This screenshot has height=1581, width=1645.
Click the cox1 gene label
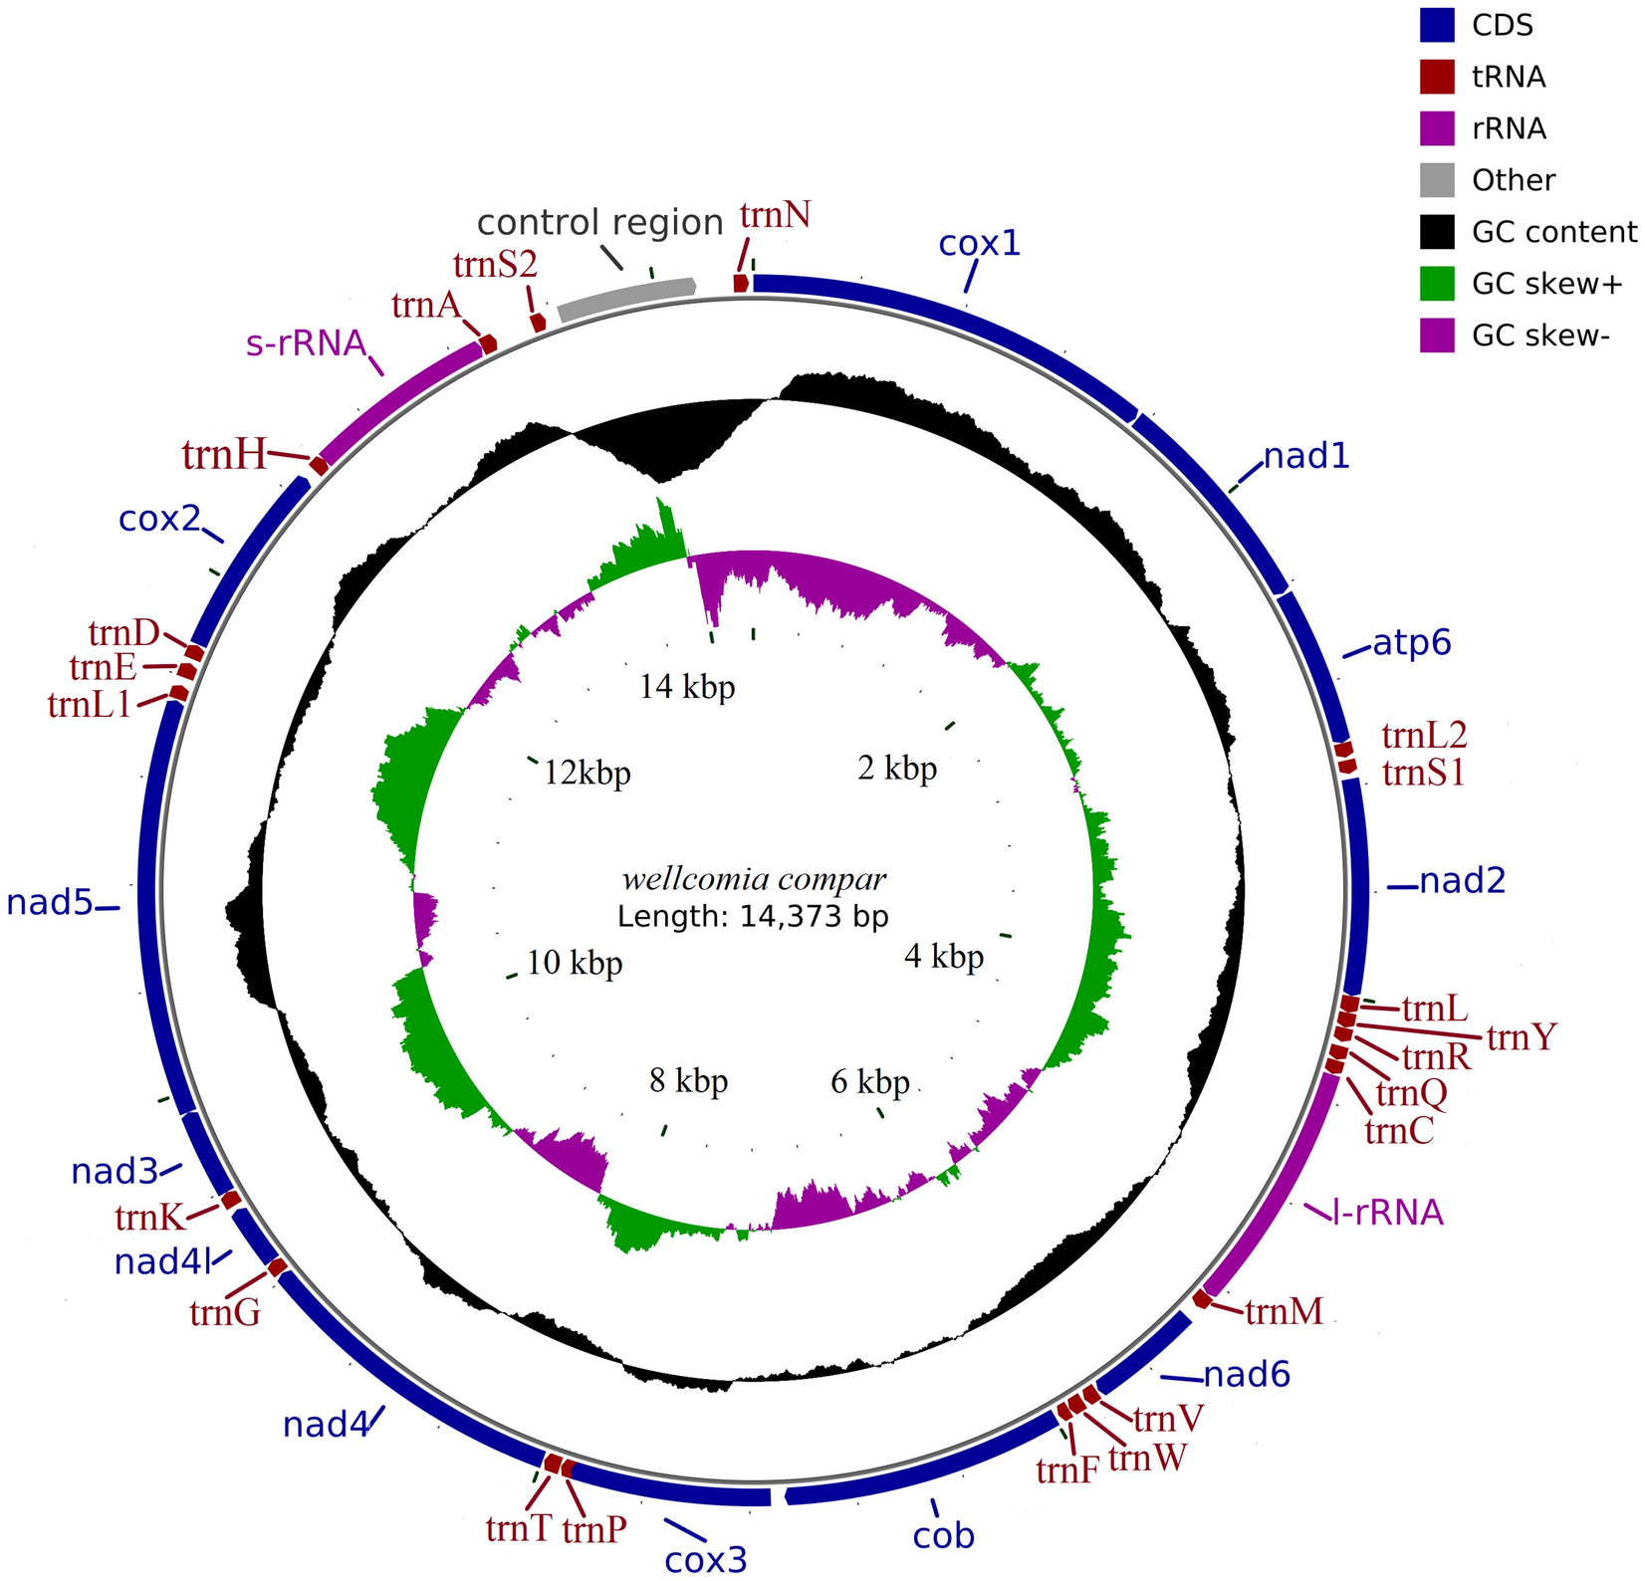[x=980, y=244]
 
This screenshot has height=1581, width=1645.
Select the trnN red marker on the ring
[x=741, y=283]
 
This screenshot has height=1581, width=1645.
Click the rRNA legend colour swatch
[x=1437, y=128]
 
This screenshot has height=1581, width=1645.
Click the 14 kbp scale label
[x=687, y=687]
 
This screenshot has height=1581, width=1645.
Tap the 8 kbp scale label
[x=688, y=1081]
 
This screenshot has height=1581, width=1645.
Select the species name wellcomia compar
[x=754, y=880]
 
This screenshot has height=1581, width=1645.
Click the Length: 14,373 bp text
[x=753, y=916]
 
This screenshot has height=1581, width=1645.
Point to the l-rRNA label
[x=1388, y=1213]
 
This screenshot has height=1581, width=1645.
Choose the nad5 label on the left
[x=49, y=903]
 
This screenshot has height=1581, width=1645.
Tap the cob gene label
[x=944, y=1536]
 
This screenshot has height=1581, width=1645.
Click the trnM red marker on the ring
[x=1203, y=1298]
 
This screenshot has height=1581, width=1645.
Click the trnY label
[x=1521, y=1038]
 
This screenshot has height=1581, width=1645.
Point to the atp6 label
[x=1412, y=643]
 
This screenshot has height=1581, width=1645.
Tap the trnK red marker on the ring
[x=230, y=1200]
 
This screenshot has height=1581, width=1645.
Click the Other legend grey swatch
[x=1437, y=180]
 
